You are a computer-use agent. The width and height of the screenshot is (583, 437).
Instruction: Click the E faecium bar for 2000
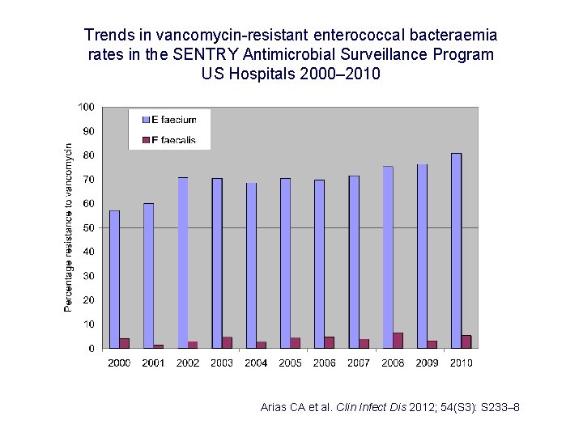coord(114,279)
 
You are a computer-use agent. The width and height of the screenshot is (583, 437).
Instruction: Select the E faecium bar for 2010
coord(457,250)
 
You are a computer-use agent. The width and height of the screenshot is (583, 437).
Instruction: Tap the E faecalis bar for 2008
coord(398,341)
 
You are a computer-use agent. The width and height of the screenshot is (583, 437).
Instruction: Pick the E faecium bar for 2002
coord(183,262)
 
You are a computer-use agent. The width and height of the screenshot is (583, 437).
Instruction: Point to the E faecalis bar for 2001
coord(158,346)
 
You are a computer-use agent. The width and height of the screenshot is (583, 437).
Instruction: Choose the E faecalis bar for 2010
coord(466,342)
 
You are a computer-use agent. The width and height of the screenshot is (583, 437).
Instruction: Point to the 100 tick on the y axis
coord(86,107)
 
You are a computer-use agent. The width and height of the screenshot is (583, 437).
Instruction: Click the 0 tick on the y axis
coord(91,348)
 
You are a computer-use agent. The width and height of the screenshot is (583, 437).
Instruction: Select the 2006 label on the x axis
coord(325,363)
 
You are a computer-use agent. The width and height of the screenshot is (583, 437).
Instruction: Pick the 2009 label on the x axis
coord(428,363)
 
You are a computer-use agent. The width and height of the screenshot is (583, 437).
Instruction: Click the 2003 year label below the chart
coord(222,363)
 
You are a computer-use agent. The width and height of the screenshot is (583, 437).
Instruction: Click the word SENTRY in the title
coord(217,54)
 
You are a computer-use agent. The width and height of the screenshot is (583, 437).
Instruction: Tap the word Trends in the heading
coord(105,36)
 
